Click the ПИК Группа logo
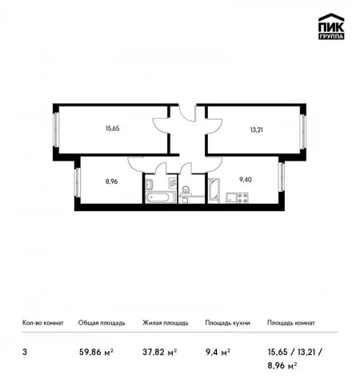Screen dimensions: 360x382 tap(331, 26)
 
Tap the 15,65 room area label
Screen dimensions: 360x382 tap(112, 129)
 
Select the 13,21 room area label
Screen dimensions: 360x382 tap(256, 130)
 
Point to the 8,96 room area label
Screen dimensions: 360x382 tap(111, 181)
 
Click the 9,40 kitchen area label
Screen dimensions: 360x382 tap(246, 180)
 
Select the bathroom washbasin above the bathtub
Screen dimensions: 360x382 tap(149, 184)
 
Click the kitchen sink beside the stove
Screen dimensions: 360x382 tap(231, 198)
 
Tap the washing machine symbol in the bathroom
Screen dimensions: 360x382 tap(173, 182)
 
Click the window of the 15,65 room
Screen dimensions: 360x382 tap(56, 129)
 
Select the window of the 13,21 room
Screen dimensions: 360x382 tap(302, 131)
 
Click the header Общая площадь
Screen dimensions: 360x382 tap(102, 323)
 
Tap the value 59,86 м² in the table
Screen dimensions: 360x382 tap(96, 352)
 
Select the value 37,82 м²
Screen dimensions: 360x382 tap(160, 352)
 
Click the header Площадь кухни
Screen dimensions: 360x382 tap(227, 323)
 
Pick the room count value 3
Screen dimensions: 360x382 tap(25, 352)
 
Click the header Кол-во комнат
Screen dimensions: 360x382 tap(43, 323)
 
